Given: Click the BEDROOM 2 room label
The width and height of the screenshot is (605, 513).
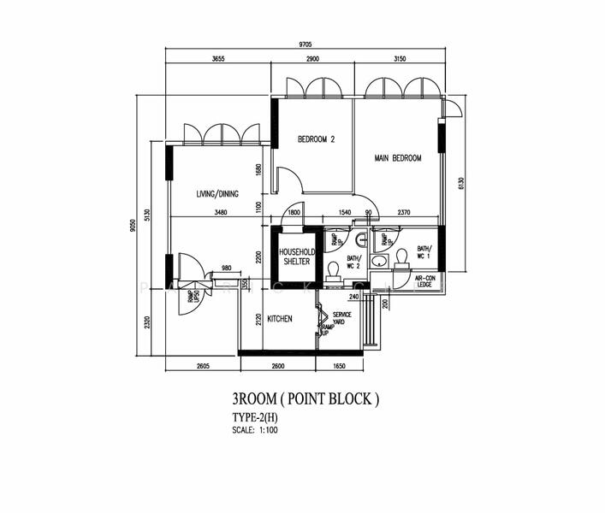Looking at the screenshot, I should (x=316, y=139).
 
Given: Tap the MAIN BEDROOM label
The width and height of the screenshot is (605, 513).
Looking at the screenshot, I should (x=398, y=158).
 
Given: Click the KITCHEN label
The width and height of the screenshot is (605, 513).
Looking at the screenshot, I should (x=280, y=319).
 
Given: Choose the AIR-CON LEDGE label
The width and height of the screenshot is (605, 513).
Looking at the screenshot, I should (x=424, y=281).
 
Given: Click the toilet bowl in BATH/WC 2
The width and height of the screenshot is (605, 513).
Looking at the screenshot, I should (x=334, y=271).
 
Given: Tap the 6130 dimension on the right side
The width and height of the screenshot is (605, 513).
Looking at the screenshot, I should (x=460, y=184).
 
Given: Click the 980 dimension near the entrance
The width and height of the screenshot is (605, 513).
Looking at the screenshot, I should (x=227, y=268).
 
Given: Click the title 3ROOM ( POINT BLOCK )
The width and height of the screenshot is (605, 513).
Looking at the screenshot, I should (x=304, y=398).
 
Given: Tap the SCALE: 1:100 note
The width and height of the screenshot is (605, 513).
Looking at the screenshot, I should (x=255, y=429).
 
